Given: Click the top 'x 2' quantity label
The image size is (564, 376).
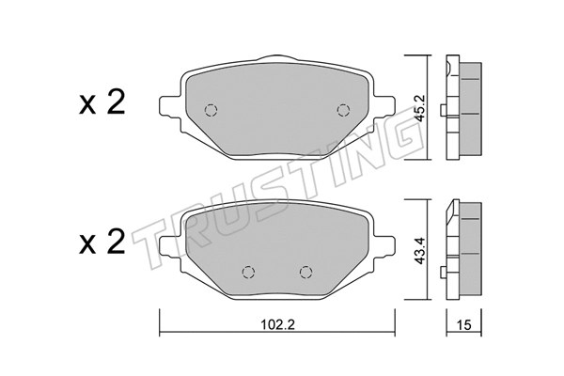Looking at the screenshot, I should click(101, 104).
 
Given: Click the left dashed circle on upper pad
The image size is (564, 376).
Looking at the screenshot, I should click(211, 108).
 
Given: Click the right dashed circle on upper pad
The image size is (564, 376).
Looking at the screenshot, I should click(342, 108).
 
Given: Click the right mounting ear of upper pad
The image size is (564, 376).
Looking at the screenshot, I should click(384, 106).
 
